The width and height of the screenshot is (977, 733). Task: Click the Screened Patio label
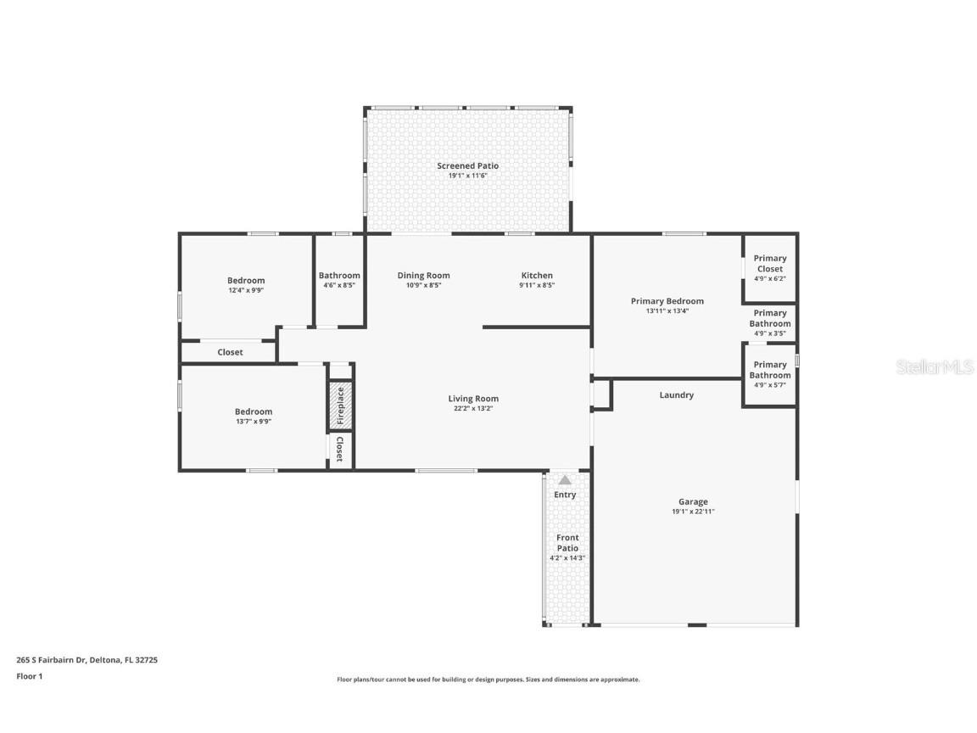point(467,165)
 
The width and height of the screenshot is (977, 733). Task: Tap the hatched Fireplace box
point(341,406)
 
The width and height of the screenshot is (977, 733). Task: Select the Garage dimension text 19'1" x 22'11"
point(693,512)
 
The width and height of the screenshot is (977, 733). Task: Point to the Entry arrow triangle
point(565,480)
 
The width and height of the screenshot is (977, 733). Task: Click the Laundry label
point(676,395)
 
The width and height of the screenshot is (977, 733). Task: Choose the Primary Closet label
point(770,264)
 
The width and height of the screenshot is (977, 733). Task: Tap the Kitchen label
point(537,276)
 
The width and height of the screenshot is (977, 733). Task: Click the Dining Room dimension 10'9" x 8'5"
point(424,285)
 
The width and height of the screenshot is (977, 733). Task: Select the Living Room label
point(473,399)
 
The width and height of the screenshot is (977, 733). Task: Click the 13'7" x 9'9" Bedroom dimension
point(254,422)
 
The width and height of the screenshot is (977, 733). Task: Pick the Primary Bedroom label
point(667,301)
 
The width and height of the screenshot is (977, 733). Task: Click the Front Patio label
point(567,543)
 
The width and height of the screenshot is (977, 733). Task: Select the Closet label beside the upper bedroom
point(230,352)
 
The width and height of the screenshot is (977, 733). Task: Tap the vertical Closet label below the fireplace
point(340,449)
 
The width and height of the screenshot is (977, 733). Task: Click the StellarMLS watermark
point(935,367)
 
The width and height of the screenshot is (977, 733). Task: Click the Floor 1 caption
point(30,676)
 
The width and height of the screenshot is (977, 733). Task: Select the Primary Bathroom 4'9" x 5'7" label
point(770,375)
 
